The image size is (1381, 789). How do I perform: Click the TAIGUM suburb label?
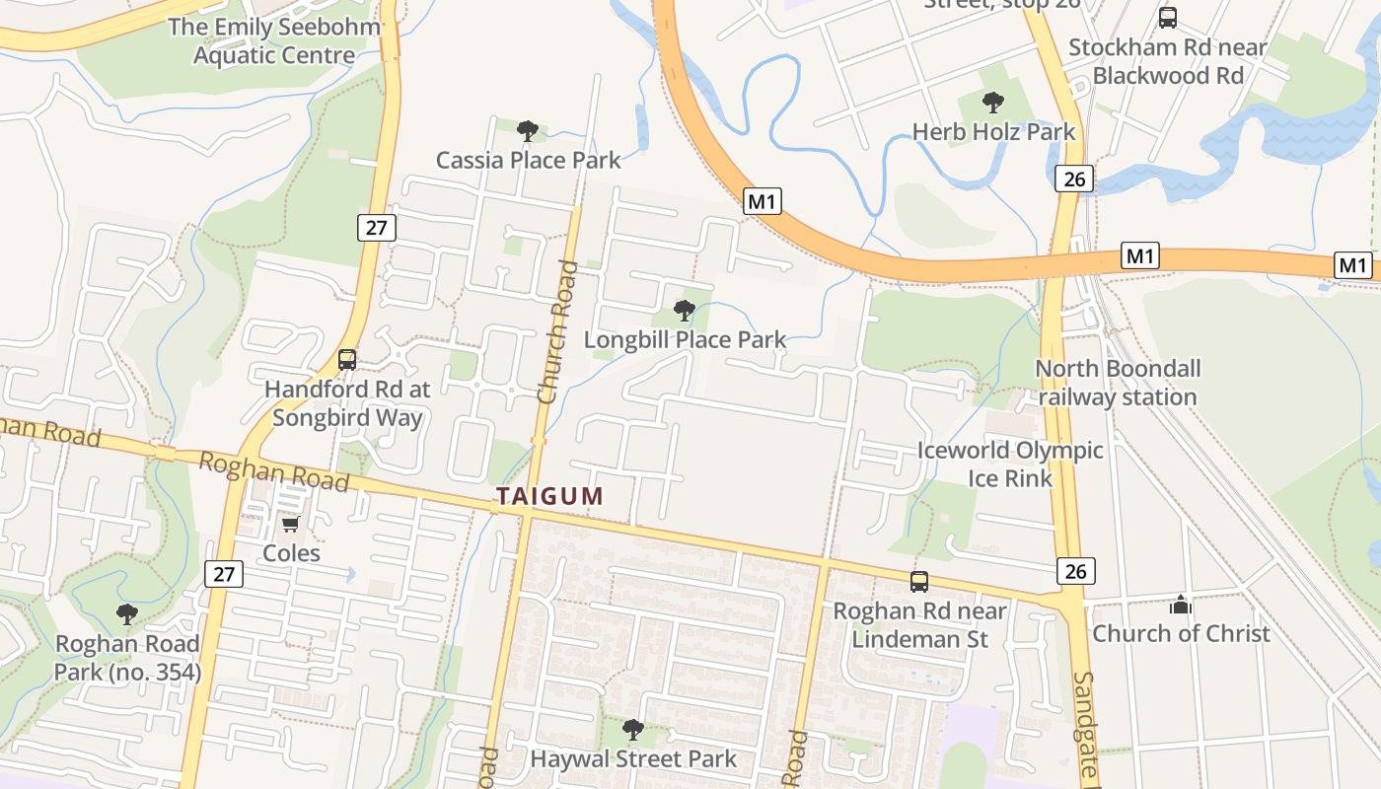pos(549,496)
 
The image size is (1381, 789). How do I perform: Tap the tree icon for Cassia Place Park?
pos(528,131)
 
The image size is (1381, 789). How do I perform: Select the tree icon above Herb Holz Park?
pos(993,103)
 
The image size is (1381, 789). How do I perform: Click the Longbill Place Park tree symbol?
pos(684,312)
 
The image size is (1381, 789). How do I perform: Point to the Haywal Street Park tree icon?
pos(633,731)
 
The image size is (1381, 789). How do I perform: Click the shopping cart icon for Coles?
pos(291,525)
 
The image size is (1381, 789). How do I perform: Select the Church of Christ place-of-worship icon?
pos(1181,606)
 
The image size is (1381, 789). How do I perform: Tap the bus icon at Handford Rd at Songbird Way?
pos(347,360)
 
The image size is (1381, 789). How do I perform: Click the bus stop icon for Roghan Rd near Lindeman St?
pos(919,582)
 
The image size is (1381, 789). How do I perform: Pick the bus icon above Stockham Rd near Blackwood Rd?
pos(1168,18)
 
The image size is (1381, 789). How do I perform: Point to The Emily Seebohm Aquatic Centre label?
pos(273,41)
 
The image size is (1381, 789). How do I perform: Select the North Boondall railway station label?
pos(1118,383)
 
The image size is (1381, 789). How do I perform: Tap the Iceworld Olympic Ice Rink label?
pos(1010,464)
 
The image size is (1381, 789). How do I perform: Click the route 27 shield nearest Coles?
pos(224,574)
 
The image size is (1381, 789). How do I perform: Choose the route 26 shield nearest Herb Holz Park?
pos(1074,179)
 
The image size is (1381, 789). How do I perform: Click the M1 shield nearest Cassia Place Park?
pos(763,202)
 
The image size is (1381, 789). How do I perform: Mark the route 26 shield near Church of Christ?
pos(1076,570)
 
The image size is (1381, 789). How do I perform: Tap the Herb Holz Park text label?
pos(993,132)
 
